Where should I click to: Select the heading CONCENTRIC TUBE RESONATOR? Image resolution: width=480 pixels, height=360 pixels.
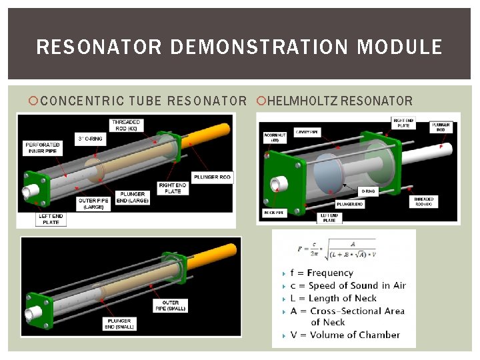pyautogui.click(x=143, y=101)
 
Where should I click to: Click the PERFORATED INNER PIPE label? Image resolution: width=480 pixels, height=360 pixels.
pyautogui.click(x=43, y=147)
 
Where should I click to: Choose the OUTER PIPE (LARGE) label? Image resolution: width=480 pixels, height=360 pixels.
pyautogui.click(x=93, y=203)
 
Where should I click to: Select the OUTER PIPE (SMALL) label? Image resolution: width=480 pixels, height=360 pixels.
pyautogui.click(x=171, y=305)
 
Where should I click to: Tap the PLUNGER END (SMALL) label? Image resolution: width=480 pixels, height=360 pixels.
pyautogui.click(x=120, y=323)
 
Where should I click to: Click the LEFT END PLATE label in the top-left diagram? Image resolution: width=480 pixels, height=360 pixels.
pyautogui.click(x=51, y=219)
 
